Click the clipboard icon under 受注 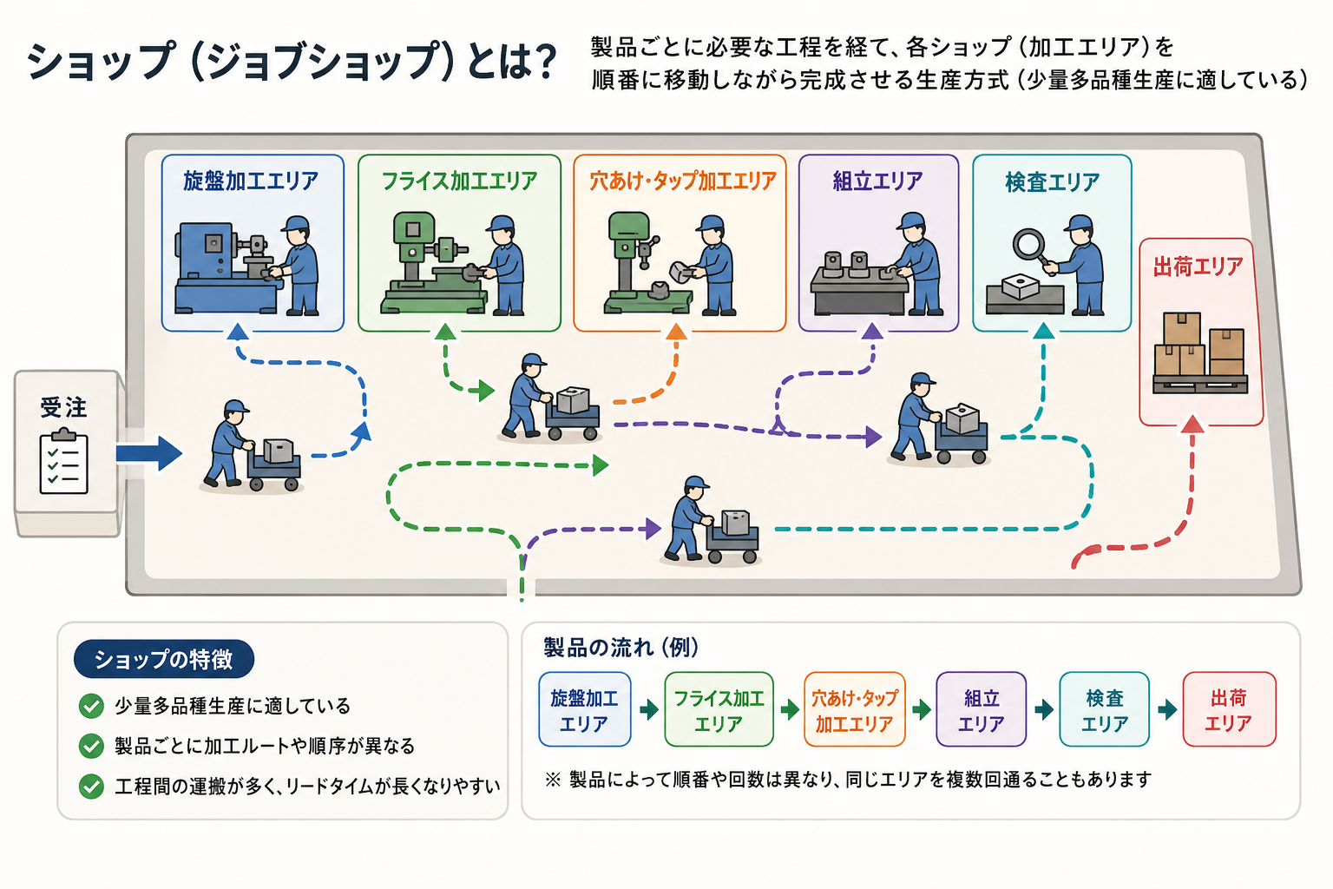point(63,462)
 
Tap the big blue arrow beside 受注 point(148,454)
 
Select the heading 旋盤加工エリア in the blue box point(251,181)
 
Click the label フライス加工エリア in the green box point(459,181)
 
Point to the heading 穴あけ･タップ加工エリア point(683,181)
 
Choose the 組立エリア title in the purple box point(877,181)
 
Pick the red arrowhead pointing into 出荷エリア point(1192,424)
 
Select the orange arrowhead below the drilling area point(677,332)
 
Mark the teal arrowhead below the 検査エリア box point(1044,331)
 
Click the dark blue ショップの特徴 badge point(164,659)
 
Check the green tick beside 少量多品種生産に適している point(91,706)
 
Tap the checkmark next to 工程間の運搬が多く point(91,786)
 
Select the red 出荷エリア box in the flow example point(1230,709)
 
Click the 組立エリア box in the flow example point(982,709)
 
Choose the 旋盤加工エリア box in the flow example point(584,709)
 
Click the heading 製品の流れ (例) point(621,648)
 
